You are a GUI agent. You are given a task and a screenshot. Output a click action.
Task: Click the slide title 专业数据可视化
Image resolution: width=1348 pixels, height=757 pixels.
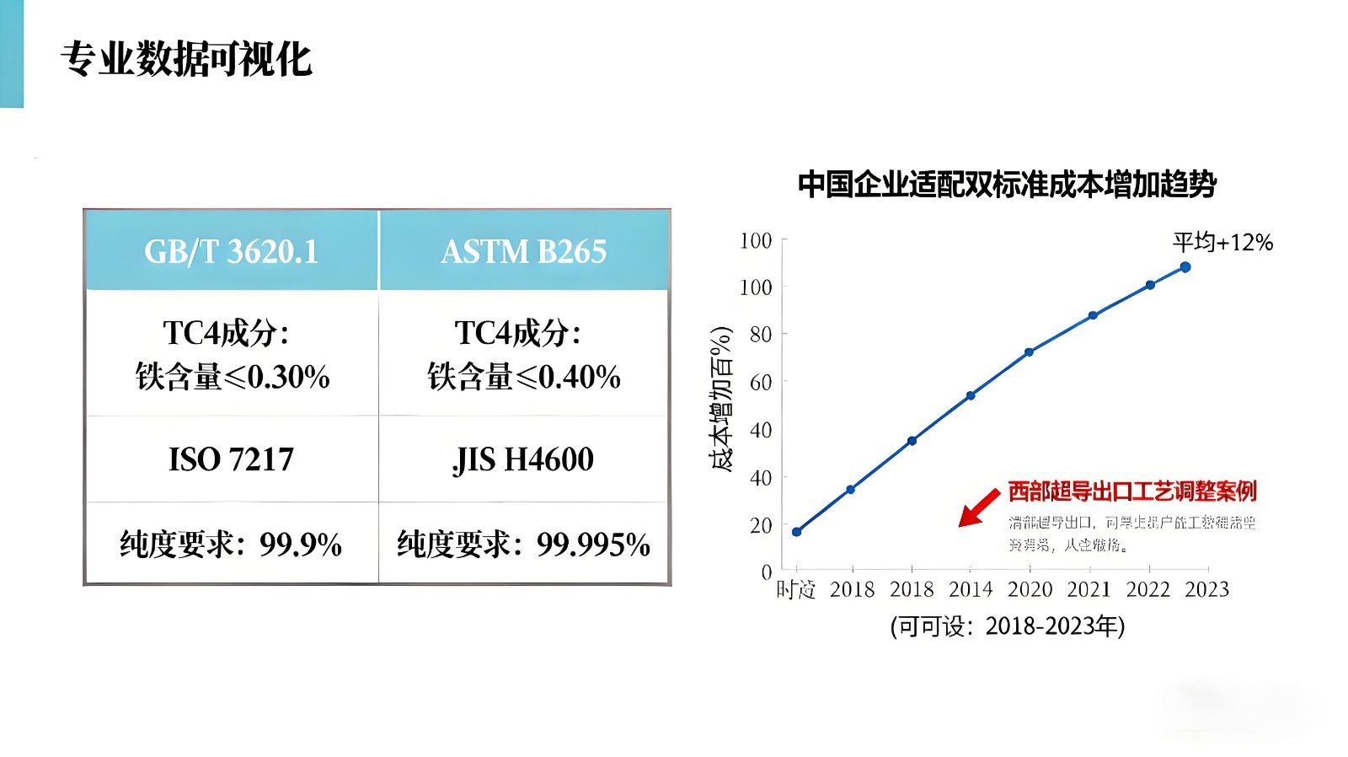coord(186,60)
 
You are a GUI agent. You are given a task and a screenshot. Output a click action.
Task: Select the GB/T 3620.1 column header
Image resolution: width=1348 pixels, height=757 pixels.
coord(232,251)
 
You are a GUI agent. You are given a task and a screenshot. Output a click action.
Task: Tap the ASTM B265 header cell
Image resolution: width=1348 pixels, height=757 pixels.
coord(523,251)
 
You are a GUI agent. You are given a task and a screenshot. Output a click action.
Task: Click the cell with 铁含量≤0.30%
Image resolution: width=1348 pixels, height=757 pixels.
coord(232,355)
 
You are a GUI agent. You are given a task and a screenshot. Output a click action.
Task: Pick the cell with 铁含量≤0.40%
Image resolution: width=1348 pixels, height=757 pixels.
coord(523,355)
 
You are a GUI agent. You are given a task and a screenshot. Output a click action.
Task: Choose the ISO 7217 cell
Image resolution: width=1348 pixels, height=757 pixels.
coord(232,459)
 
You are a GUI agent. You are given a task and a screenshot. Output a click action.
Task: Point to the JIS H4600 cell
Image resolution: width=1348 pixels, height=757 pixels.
coord(523,459)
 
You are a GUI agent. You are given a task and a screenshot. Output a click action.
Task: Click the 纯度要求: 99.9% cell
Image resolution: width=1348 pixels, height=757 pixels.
coord(232,545)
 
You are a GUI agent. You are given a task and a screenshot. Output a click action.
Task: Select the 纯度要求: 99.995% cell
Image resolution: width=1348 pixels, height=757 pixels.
coord(523,545)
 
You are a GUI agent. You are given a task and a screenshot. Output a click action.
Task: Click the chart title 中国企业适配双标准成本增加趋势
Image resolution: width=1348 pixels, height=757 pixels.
coord(1007,184)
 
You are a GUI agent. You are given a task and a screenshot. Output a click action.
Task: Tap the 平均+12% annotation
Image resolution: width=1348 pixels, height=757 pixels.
coord(1222,243)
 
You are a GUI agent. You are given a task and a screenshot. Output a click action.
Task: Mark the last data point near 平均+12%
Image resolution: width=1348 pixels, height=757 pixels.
coord(1185,267)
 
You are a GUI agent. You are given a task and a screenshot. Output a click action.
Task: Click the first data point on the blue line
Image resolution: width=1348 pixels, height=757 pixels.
coord(797,532)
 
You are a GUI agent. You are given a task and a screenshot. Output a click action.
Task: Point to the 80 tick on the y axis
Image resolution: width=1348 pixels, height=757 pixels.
coord(761,335)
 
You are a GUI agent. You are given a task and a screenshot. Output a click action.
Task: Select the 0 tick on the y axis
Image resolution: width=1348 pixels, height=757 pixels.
coord(767,572)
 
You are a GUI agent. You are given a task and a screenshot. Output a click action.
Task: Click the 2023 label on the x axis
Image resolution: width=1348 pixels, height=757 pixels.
coord(1206,589)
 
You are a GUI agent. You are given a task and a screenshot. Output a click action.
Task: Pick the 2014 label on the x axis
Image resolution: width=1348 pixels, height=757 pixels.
coord(971,589)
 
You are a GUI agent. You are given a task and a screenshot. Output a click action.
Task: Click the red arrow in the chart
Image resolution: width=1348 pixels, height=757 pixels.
coord(979,507)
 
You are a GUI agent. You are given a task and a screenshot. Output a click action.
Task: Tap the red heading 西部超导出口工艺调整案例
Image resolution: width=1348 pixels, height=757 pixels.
coord(1132,491)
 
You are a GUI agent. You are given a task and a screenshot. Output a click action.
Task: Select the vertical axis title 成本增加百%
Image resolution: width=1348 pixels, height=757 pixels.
coord(721,398)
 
